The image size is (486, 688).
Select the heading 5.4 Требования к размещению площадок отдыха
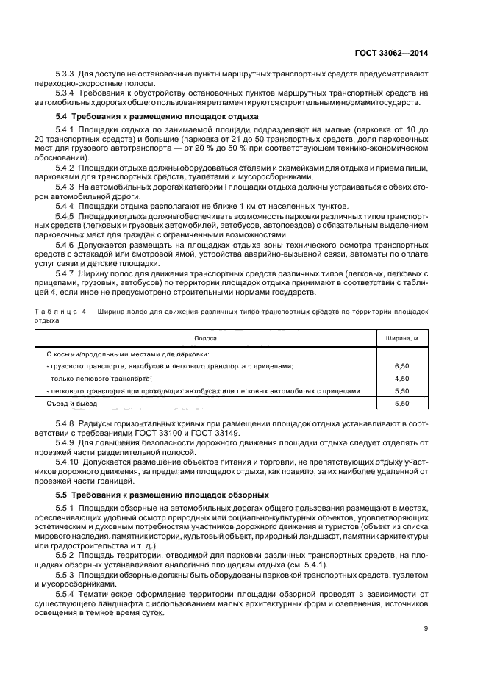pos(157,117)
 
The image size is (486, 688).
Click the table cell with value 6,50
pos(401,365)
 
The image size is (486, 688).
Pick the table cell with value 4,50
pos(401,378)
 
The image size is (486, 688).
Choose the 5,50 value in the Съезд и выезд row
pos(401,404)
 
